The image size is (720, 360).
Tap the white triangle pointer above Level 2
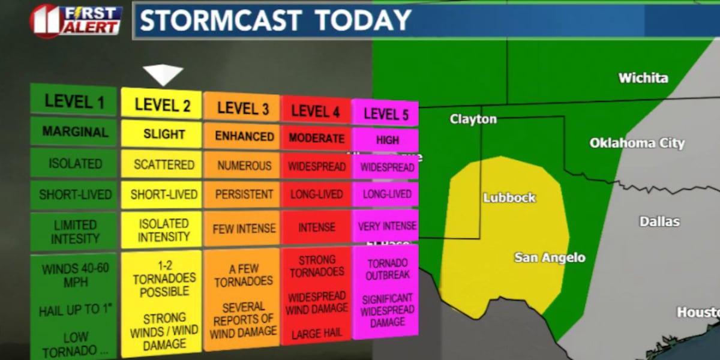click(x=163, y=74)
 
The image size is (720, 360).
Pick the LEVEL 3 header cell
click(x=242, y=108)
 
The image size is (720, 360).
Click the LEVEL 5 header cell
click(x=385, y=113)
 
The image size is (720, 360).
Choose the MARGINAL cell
click(x=75, y=132)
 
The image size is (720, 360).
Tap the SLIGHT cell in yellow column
click(x=163, y=134)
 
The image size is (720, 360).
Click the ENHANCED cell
click(x=244, y=136)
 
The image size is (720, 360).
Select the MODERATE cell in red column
click(x=316, y=139)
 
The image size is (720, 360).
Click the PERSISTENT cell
click(x=244, y=195)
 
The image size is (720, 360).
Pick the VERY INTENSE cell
click(x=385, y=227)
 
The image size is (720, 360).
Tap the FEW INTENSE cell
click(x=244, y=229)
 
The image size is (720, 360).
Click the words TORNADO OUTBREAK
click(x=388, y=269)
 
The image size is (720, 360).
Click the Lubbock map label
click(x=509, y=197)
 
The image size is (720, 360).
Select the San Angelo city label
click(x=549, y=258)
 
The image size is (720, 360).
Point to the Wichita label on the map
click(x=643, y=78)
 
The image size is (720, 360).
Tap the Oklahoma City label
click(x=637, y=143)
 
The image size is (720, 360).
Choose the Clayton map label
click(x=473, y=119)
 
